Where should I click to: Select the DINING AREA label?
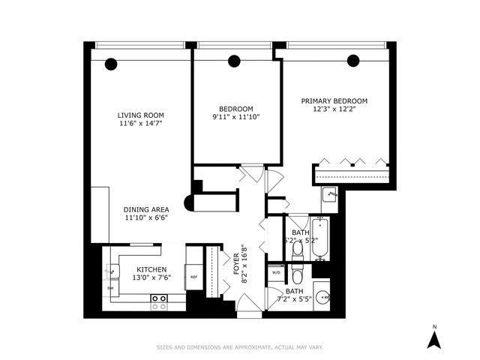pos(146,209)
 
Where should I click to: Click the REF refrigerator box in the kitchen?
pos(193,277)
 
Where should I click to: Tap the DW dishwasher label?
pos(110,288)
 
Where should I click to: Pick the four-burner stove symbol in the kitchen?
pos(159,302)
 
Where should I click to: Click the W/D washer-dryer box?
pos(275,272)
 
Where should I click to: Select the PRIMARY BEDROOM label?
pos(334,100)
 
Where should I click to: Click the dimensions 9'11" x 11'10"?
pos(236,117)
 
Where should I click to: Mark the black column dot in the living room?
pos(111,63)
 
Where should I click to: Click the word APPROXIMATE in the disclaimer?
pos(253,347)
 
